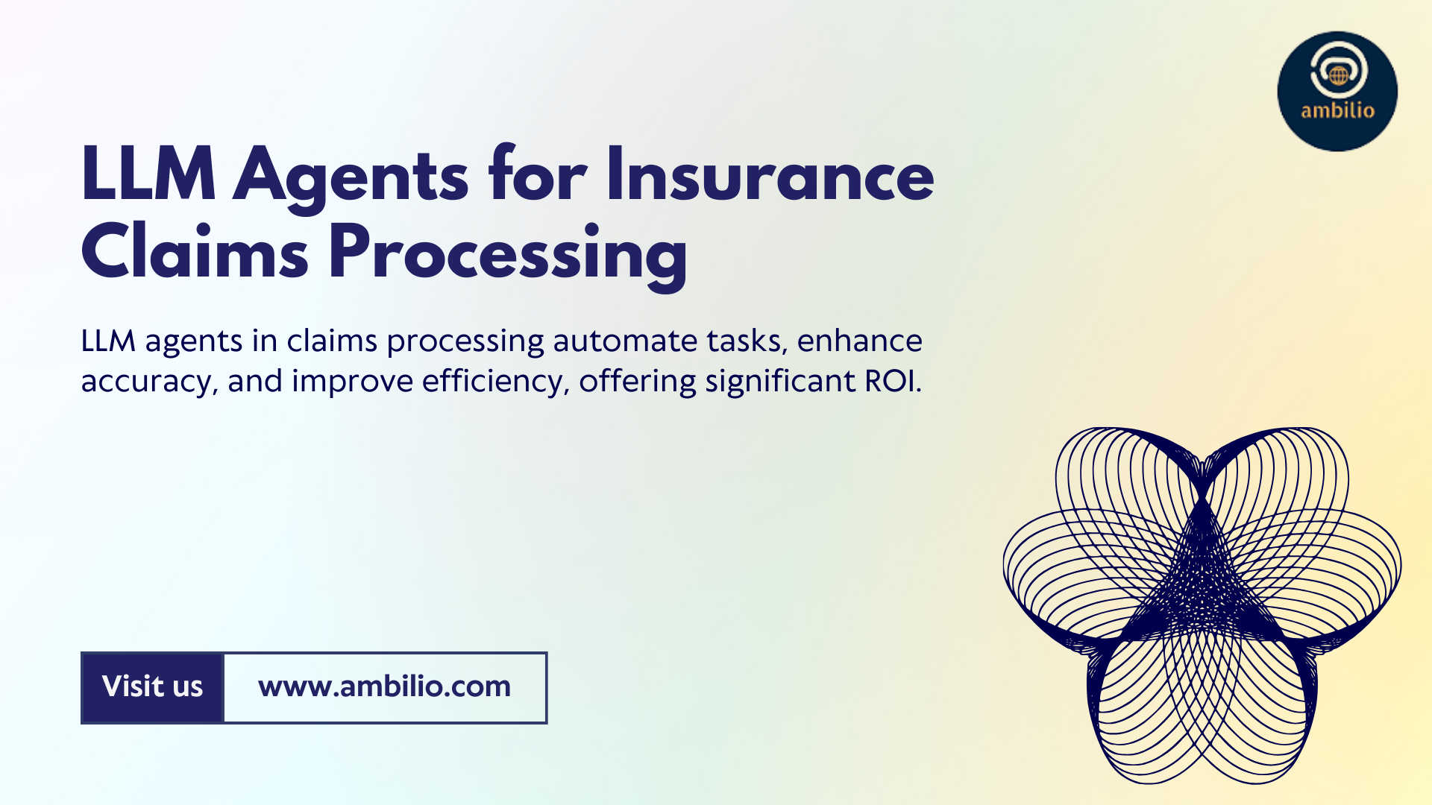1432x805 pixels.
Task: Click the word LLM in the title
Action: pos(148,175)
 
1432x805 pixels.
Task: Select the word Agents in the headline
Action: pos(351,179)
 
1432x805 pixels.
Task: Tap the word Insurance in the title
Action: pos(770,175)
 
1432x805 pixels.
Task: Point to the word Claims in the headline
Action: pos(195,251)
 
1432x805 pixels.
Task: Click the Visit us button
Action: pos(152,687)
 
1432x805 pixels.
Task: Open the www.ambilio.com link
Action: pos(384,686)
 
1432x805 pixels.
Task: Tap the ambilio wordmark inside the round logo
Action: pos(1337,110)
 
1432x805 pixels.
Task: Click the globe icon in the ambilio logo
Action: pos(1339,75)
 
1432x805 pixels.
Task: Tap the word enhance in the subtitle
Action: pos(859,341)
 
